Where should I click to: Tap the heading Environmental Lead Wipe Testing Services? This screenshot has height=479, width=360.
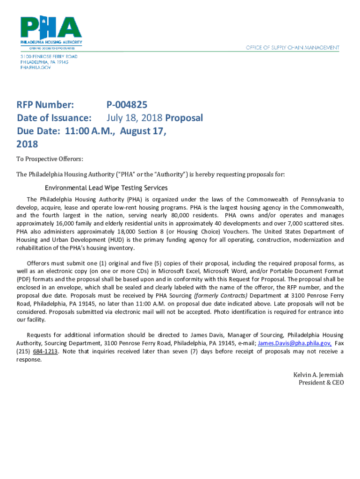point(106,188)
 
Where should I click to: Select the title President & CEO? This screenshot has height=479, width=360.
point(321,383)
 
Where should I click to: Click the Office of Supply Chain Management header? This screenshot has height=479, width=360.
point(293,48)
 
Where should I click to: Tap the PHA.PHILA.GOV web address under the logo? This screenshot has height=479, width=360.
point(35,68)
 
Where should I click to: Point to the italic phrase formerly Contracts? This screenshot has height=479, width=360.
point(221,296)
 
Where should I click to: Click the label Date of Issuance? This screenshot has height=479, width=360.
point(54,117)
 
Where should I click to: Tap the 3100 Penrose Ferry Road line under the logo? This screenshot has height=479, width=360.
point(49,56)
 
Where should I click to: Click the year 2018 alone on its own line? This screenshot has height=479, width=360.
point(28,144)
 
